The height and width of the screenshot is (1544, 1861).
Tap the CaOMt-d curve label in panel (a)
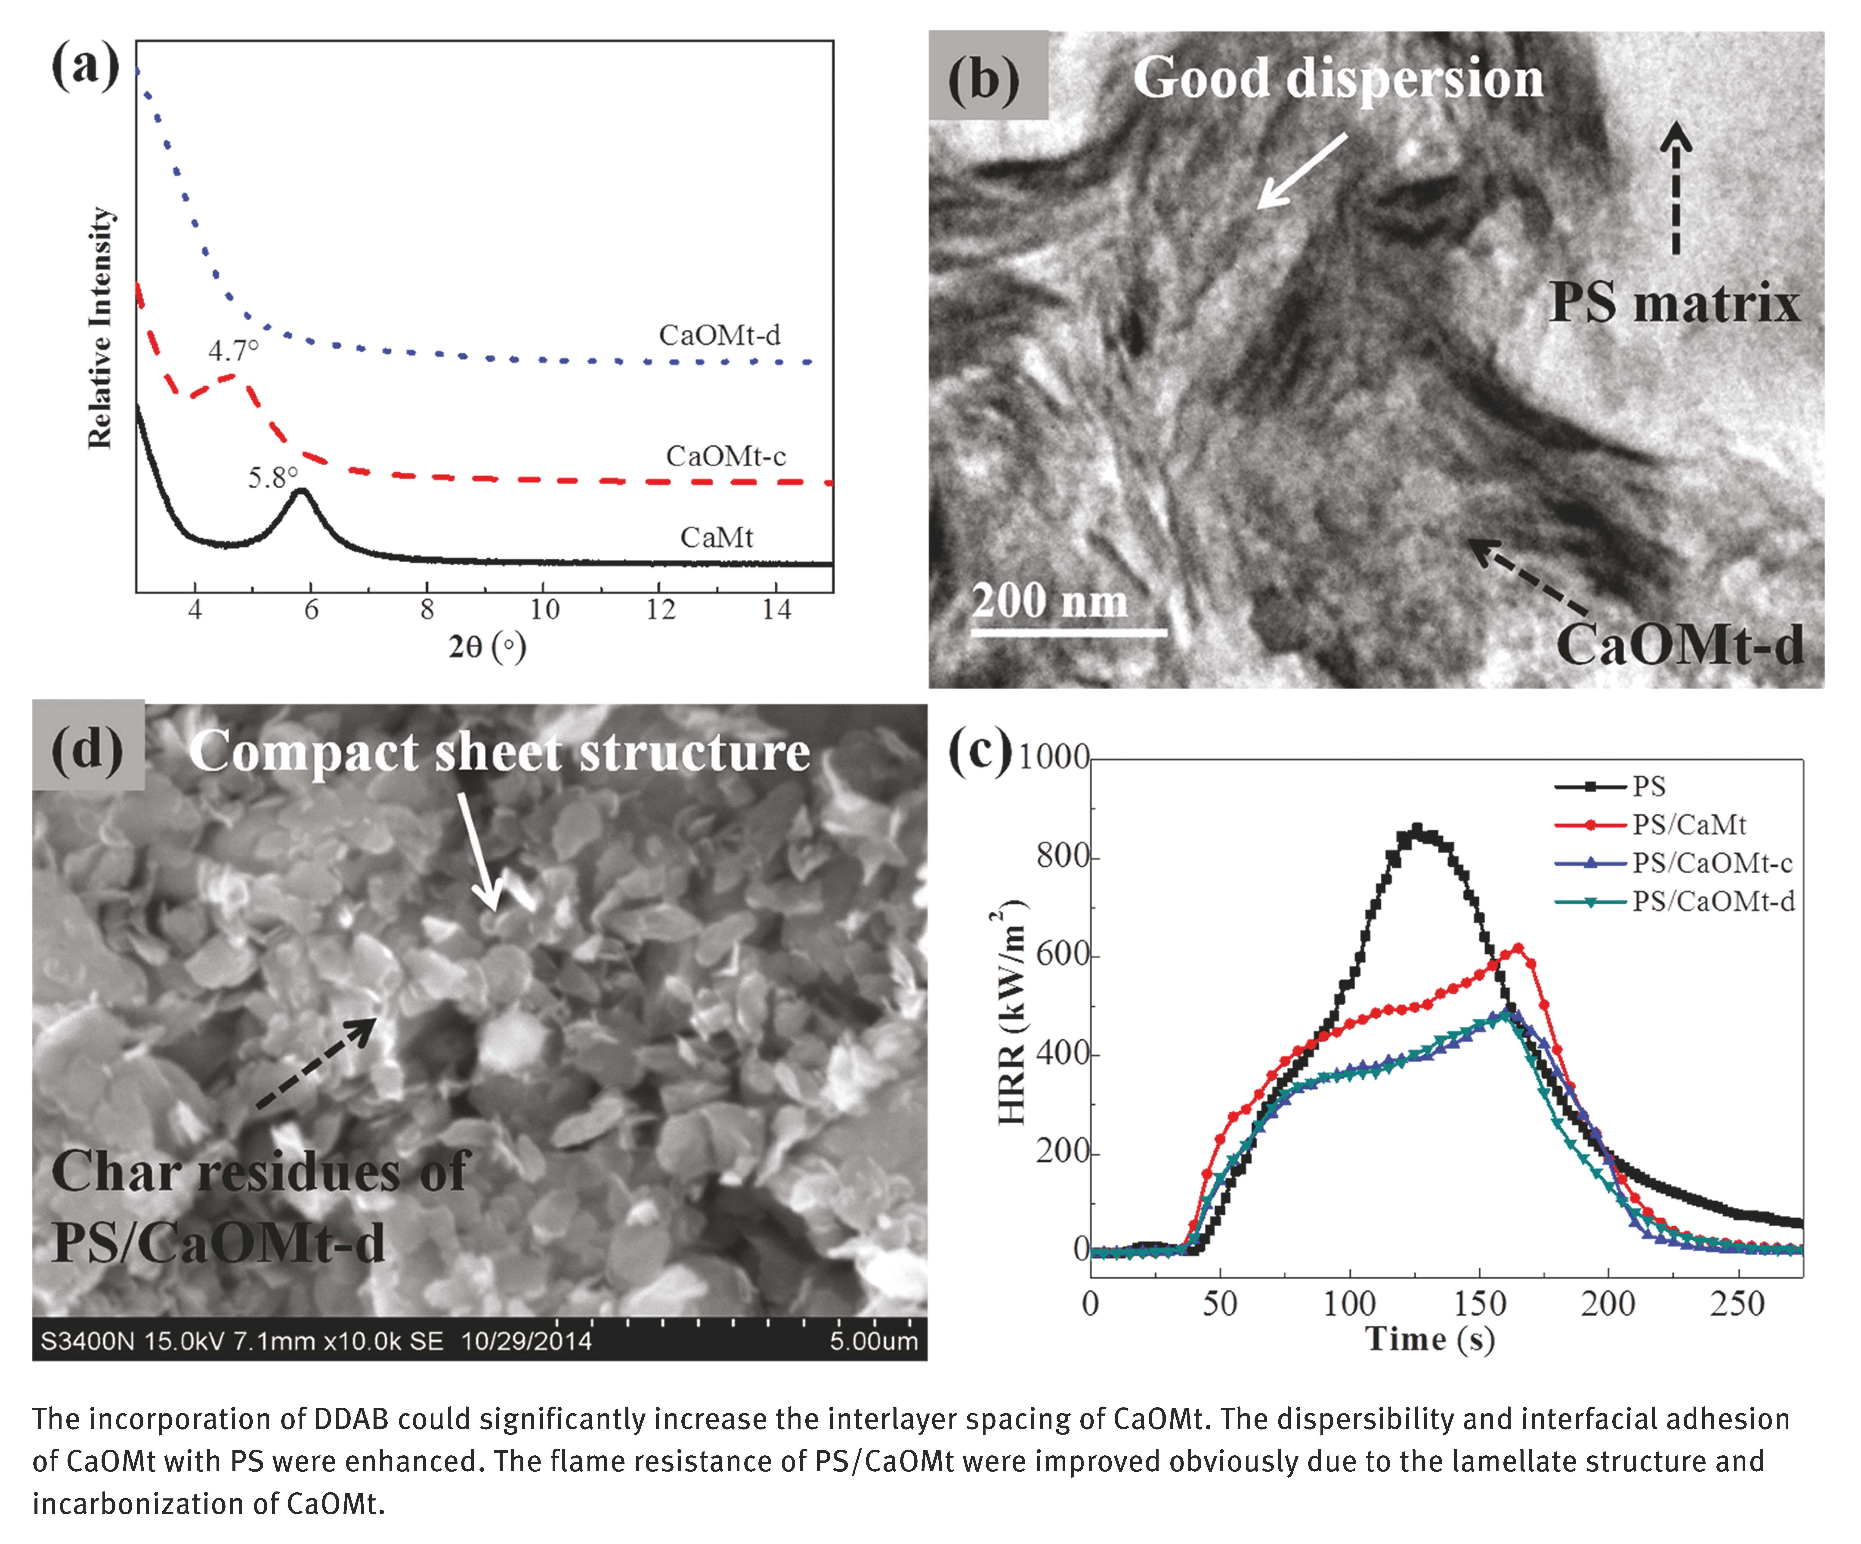point(720,335)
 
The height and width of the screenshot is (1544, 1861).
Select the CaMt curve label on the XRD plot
point(716,537)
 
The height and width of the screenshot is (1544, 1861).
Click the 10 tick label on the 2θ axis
point(544,610)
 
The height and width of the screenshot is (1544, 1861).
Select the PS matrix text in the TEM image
point(1673,303)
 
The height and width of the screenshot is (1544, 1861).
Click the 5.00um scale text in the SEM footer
point(873,1341)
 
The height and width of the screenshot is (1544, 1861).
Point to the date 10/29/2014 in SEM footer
point(526,1341)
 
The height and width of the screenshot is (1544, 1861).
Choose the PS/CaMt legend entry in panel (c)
point(1688,825)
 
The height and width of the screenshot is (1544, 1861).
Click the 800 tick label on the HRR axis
point(1062,857)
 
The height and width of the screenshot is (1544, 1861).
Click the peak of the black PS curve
point(1416,831)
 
